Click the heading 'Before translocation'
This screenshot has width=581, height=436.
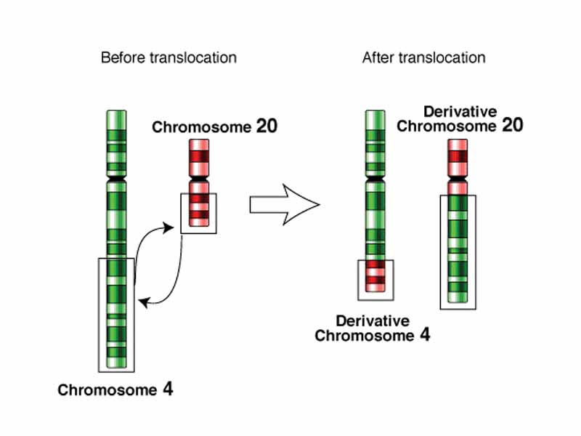point(168,57)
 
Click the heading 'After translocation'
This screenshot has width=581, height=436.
point(423,57)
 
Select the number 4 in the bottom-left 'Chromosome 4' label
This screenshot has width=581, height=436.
point(168,389)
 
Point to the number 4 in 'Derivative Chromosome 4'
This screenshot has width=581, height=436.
point(424,335)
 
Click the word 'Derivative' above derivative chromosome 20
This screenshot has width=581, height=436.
point(460,111)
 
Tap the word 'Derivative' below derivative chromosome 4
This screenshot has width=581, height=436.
point(372,321)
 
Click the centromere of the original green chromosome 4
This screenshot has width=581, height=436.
point(116,177)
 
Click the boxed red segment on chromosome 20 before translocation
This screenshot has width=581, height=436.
point(198,211)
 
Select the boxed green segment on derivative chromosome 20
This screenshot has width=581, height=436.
point(458,251)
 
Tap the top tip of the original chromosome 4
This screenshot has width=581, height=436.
point(116,112)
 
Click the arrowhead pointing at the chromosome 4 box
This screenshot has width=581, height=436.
point(143,299)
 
